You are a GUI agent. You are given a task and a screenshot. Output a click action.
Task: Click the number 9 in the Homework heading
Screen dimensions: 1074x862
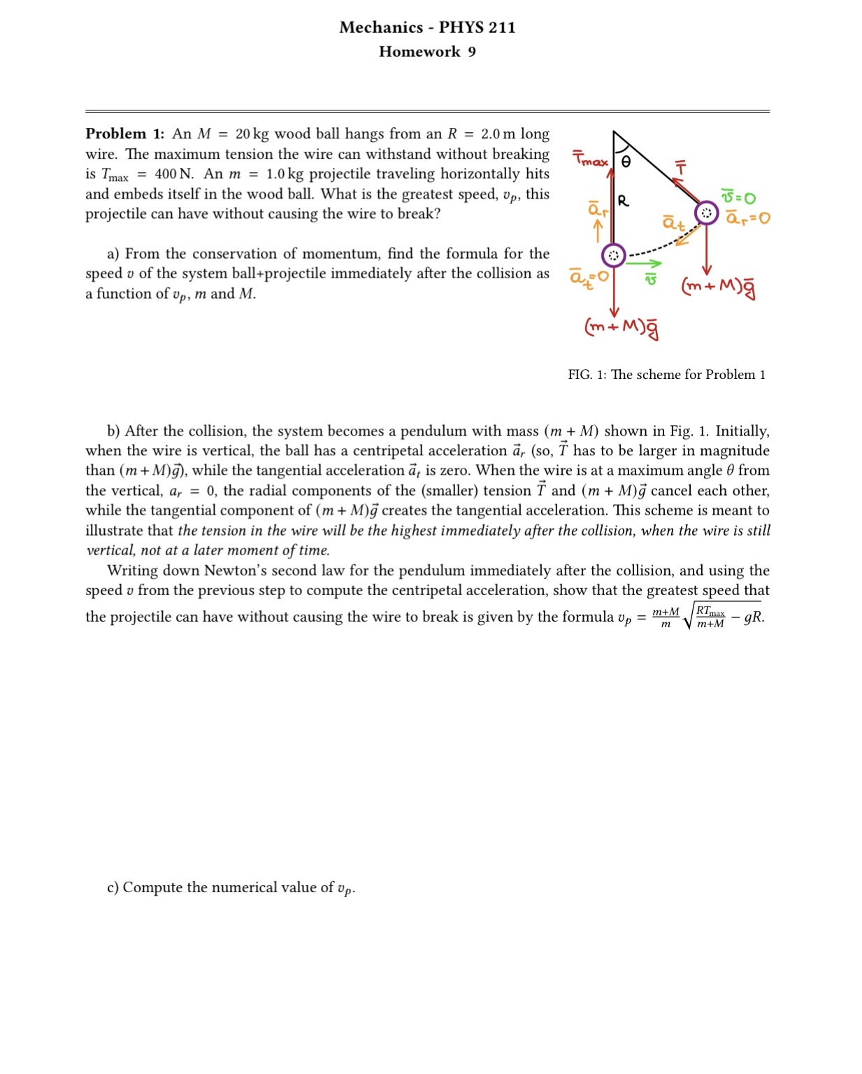tap(472, 52)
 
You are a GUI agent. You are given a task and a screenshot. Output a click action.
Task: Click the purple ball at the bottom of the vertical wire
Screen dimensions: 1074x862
tap(613, 256)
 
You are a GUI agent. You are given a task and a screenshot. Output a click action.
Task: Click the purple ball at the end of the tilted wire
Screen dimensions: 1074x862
tap(706, 213)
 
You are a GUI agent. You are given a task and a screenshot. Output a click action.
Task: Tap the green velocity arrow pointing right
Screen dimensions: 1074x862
tap(644, 264)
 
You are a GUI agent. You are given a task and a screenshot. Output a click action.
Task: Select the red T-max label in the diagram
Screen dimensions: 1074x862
tap(590, 159)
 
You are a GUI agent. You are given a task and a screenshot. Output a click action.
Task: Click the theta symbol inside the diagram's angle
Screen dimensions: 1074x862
tap(626, 162)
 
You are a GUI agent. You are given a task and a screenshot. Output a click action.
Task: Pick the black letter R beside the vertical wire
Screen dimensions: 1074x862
tap(623, 201)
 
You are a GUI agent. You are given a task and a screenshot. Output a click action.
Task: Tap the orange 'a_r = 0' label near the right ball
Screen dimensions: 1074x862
tap(747, 217)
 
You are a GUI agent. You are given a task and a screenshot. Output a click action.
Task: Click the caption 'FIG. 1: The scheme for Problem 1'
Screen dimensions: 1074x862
tap(666, 375)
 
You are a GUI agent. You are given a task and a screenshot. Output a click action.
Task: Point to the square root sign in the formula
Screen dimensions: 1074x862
tap(689, 616)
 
